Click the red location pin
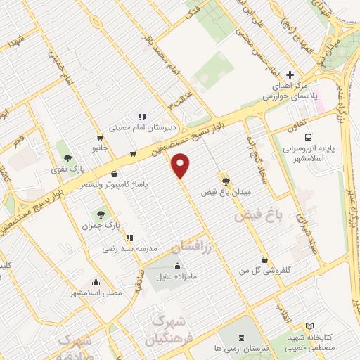(x=181, y=166)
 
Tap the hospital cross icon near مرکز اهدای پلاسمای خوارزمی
(x=290, y=75)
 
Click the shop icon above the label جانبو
(x=100, y=138)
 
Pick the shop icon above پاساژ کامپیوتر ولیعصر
(x=114, y=174)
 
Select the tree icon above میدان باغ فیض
(x=225, y=181)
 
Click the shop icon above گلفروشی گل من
(x=264, y=259)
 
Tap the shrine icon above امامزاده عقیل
(x=176, y=265)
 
